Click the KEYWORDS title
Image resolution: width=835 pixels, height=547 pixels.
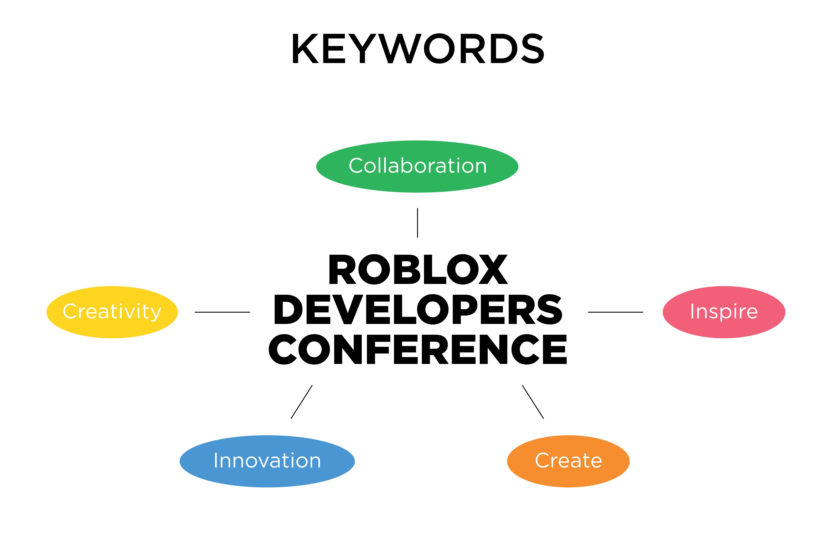point(417,48)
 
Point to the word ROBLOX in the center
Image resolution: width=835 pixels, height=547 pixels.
point(418,269)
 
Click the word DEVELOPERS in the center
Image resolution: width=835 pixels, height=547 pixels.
point(417,309)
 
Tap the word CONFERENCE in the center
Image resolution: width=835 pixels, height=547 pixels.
point(417,349)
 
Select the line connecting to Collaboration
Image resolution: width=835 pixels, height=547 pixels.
point(417,223)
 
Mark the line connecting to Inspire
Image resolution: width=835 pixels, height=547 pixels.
point(615,312)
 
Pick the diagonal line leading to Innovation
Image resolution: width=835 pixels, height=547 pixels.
point(301,402)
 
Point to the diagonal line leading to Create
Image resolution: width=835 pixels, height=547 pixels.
point(533,402)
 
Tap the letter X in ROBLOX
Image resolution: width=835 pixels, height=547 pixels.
point(493,269)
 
